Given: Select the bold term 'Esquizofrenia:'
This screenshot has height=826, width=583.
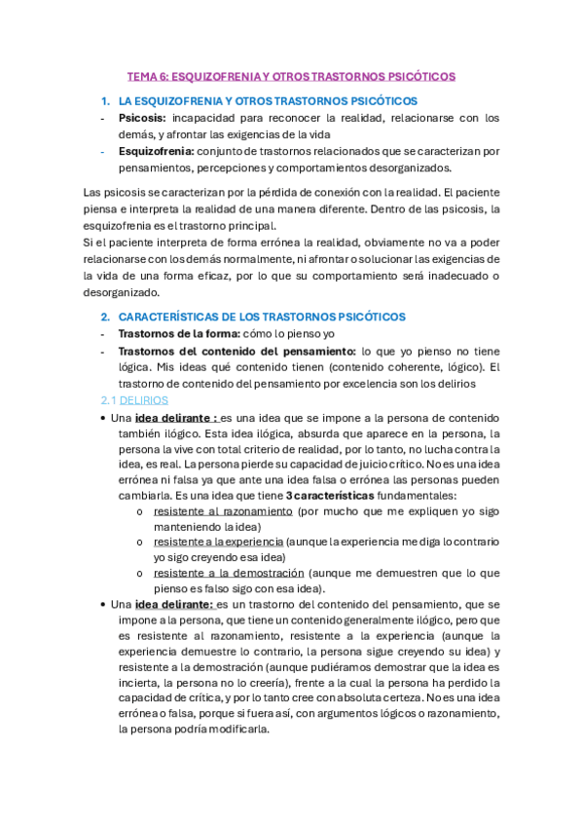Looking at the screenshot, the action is tap(156, 151).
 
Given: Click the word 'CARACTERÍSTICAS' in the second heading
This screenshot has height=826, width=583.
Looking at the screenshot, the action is tap(167, 317).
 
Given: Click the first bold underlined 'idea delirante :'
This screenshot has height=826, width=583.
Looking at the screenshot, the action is tap(176, 416).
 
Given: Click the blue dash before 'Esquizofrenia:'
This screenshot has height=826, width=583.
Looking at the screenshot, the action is tap(104, 151).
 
